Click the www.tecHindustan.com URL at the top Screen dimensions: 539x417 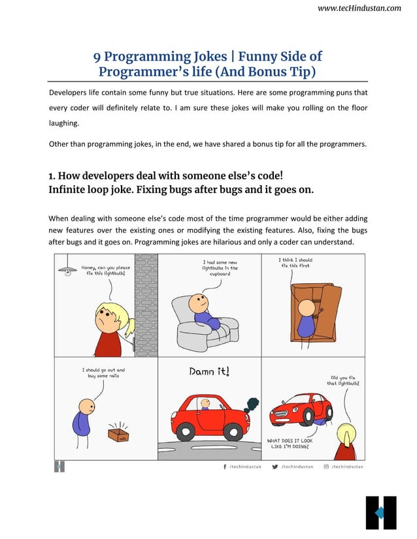pyautogui.click(x=359, y=8)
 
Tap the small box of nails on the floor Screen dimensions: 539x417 pyautogui.click(x=119, y=436)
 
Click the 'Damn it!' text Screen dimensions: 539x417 pyautogui.click(x=209, y=372)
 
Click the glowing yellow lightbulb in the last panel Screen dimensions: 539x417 pyautogui.click(x=344, y=434)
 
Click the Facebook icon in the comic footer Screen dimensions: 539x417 pyautogui.click(x=225, y=467)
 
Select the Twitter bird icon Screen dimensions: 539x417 pyautogui.click(x=275, y=467)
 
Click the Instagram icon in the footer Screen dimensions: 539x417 pyautogui.click(x=326, y=467)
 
